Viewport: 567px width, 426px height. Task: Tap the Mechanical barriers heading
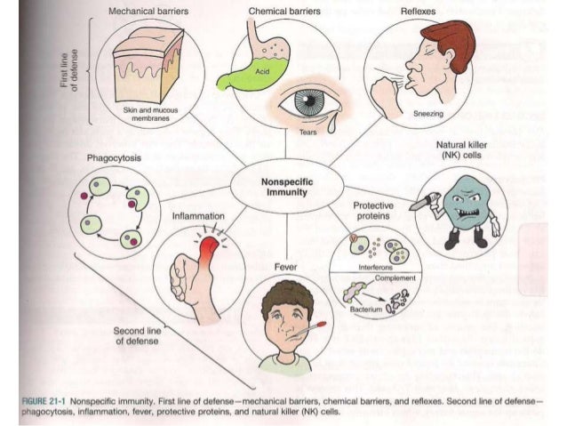click(147, 12)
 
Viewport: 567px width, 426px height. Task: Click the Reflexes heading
click(419, 12)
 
